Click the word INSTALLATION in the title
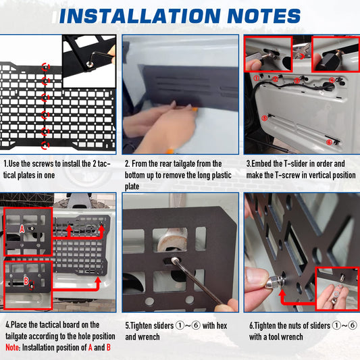[x=140, y=16]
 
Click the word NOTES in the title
[x=264, y=16]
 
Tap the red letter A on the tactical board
[x=22, y=229]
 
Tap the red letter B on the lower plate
[x=26, y=281]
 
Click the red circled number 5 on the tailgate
[x=265, y=118]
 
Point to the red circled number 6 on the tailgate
[x=329, y=143]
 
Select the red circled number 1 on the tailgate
[x=256, y=78]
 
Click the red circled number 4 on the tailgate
[x=332, y=80]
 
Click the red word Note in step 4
[x=12, y=347]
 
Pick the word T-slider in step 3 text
[x=296, y=163]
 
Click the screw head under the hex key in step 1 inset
[x=91, y=64]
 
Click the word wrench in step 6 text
[x=292, y=337]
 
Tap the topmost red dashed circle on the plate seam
[x=45, y=67]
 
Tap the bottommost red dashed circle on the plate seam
[x=45, y=145]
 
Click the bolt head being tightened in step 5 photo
[x=174, y=259]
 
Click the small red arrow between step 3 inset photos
[x=302, y=56]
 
